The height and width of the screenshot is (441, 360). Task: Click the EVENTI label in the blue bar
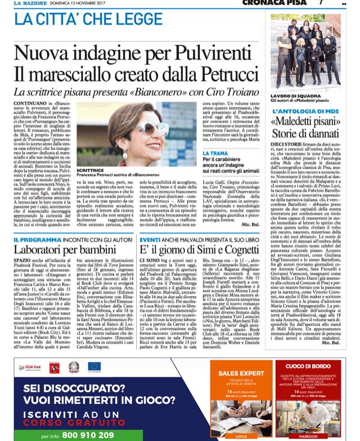tap(149, 231)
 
